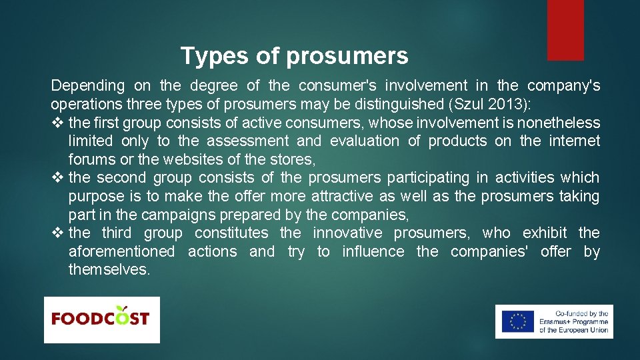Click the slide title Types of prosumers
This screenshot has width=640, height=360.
(x=294, y=56)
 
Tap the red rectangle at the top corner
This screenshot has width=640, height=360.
(x=565, y=30)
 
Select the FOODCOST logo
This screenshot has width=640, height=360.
(x=101, y=319)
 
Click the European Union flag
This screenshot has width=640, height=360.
(x=518, y=321)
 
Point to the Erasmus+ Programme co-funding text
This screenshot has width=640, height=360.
(x=573, y=321)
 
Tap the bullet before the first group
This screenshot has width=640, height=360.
(x=57, y=123)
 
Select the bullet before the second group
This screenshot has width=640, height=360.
(x=57, y=178)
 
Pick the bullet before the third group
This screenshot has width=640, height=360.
(x=57, y=233)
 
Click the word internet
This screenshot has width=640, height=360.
(x=575, y=141)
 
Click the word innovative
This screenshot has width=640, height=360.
(x=347, y=233)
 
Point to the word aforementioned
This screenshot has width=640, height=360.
(x=121, y=251)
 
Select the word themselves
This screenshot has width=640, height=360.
(x=109, y=270)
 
